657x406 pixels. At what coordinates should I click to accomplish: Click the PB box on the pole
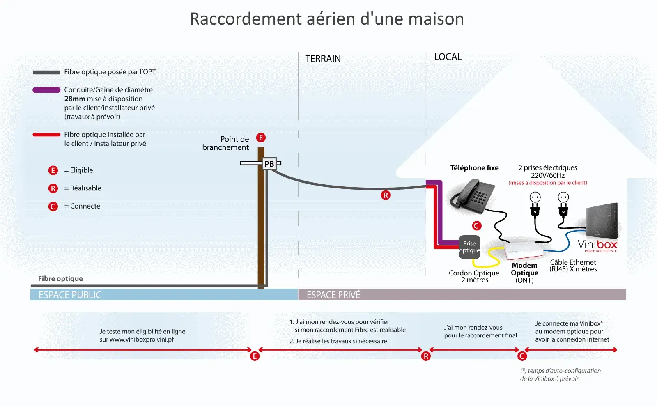point(269,163)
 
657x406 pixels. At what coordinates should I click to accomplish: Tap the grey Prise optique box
point(469,247)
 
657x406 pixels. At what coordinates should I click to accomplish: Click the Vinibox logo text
point(597,245)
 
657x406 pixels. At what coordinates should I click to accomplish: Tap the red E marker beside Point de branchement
point(261,138)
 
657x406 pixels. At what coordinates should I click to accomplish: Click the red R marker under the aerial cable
point(386,195)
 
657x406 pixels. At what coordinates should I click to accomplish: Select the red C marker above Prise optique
point(477,226)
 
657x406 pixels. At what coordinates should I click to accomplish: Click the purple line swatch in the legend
point(46,90)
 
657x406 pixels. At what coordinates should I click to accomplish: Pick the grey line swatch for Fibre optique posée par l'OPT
point(46,72)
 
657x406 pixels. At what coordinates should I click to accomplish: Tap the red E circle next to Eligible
point(53,170)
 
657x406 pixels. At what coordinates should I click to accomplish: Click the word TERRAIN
point(323,59)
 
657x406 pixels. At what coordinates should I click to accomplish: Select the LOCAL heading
point(448,57)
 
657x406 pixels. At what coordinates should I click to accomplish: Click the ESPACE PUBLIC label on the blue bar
point(70,295)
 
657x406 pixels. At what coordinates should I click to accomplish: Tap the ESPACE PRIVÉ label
point(333,295)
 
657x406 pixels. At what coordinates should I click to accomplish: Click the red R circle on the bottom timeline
point(425,356)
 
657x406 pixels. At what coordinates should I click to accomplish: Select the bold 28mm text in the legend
point(75,99)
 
